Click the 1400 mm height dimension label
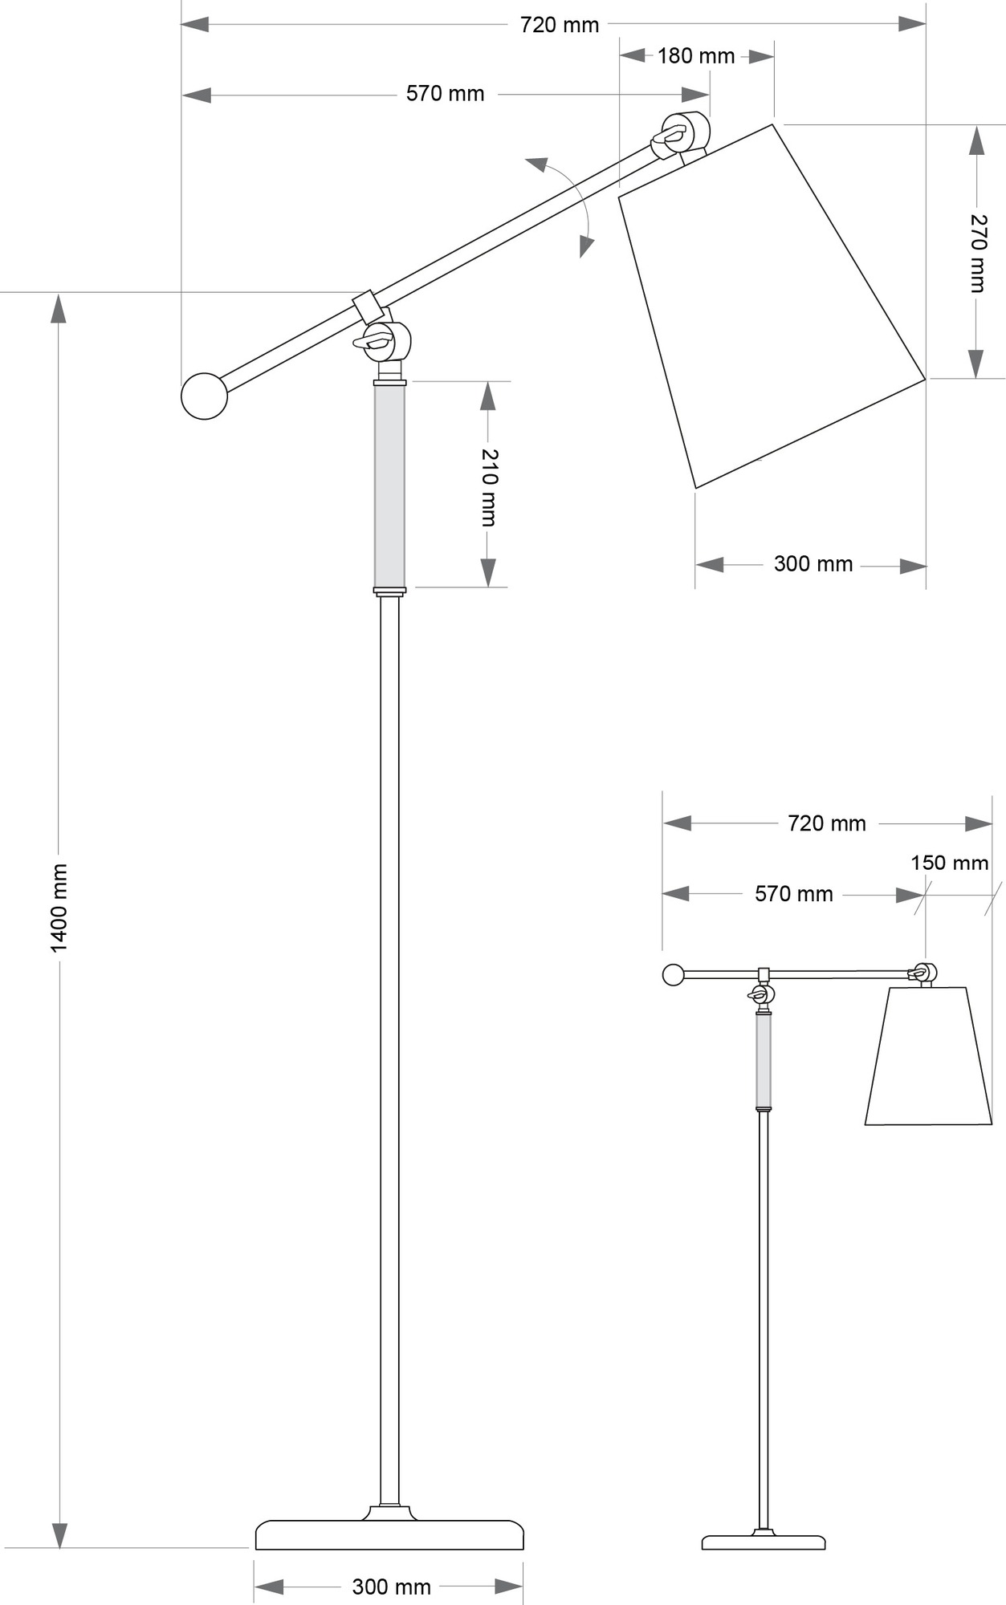(x=59, y=908)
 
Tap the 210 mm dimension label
(x=489, y=487)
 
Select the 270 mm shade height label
(x=977, y=254)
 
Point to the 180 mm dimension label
(x=696, y=56)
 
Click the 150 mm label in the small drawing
(x=949, y=863)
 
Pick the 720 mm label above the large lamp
(x=560, y=25)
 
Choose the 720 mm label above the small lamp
(x=827, y=823)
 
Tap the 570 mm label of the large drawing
(x=446, y=94)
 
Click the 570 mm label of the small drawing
(x=794, y=894)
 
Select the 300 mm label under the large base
(x=391, y=1587)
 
